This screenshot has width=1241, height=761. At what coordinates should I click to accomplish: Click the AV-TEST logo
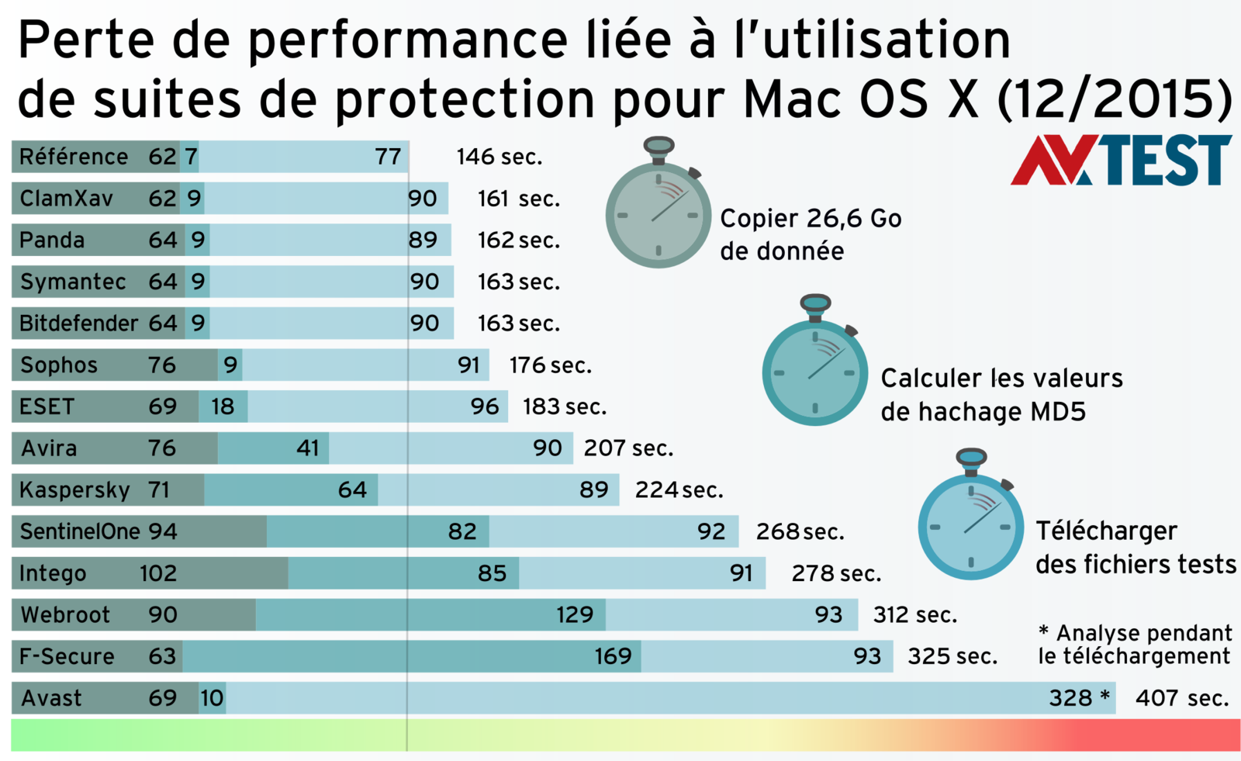(1121, 161)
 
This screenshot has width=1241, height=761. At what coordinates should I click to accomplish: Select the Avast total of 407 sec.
(1181, 698)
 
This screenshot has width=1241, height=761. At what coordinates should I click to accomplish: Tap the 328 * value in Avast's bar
(1079, 698)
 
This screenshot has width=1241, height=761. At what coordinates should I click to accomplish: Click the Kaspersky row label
(74, 490)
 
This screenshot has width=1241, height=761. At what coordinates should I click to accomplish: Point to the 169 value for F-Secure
(613, 656)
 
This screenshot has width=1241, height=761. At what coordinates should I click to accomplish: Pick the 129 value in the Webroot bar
(574, 615)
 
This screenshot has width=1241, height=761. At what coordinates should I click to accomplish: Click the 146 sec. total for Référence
(499, 157)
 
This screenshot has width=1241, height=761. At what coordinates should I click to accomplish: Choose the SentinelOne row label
(80, 531)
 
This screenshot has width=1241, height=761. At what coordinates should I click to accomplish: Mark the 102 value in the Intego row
(158, 573)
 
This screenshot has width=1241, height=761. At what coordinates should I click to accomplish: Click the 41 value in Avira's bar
(308, 448)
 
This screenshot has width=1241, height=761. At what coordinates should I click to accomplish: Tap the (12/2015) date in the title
(1114, 99)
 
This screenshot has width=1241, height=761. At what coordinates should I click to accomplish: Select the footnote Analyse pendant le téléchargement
(1135, 645)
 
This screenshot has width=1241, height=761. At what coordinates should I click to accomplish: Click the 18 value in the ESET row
(223, 406)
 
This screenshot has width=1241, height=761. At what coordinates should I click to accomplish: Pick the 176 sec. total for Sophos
(550, 365)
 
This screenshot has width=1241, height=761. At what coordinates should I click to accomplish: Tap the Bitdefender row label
(78, 323)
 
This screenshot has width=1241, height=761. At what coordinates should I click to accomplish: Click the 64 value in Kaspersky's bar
(352, 490)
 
